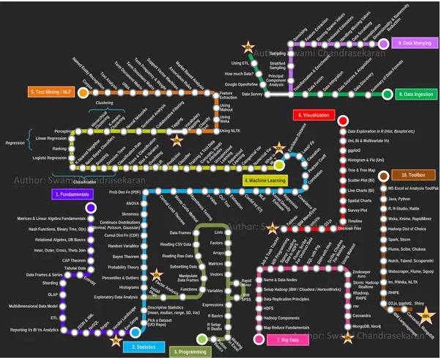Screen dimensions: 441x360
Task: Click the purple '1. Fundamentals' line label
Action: point(73,194)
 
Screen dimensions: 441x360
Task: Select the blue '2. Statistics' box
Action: point(144,345)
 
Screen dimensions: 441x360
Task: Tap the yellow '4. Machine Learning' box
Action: point(264,179)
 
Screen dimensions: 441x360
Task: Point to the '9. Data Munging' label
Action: point(416,43)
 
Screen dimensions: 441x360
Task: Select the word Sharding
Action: point(52,282)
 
